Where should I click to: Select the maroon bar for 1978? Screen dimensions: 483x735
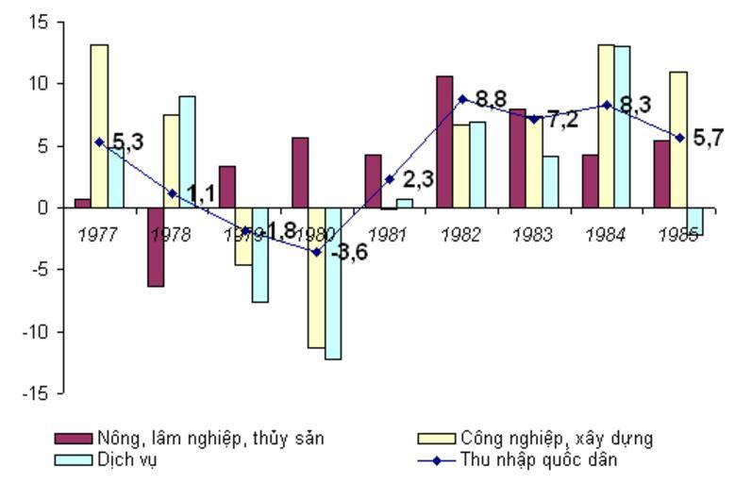coord(156,246)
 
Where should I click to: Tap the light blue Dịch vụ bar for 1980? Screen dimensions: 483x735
coord(333,283)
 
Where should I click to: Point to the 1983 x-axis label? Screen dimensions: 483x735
coord(532,235)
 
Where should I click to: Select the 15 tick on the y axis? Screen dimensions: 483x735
coord(37,22)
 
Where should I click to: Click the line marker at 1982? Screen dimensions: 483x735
coord(462,98)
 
